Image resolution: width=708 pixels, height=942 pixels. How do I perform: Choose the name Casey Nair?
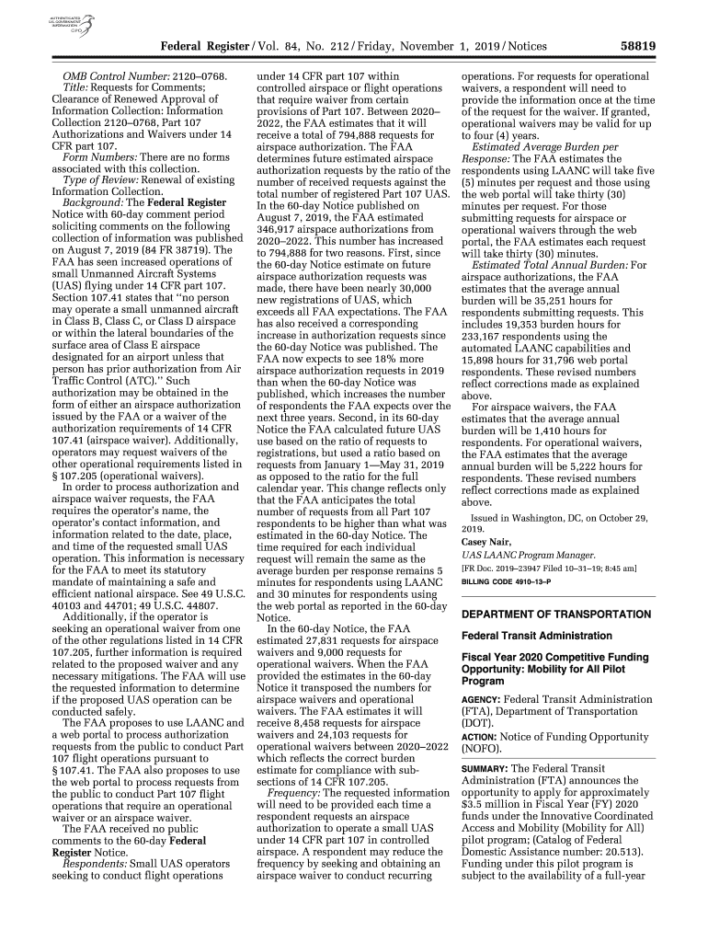point(486,541)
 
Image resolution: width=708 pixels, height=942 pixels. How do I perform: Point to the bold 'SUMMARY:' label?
point(485,768)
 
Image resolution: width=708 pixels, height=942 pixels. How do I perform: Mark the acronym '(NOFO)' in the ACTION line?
point(486,750)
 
